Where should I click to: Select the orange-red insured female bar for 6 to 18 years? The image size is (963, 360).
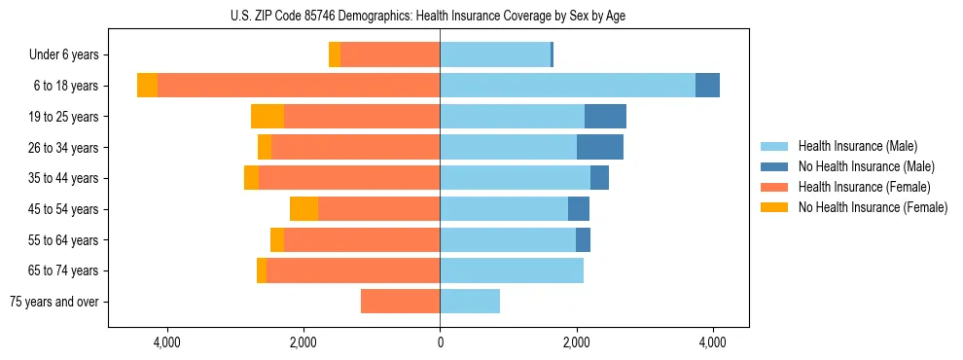(x=299, y=86)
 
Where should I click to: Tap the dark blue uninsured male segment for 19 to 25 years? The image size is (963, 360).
(x=605, y=117)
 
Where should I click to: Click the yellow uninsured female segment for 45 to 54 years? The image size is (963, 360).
(x=303, y=209)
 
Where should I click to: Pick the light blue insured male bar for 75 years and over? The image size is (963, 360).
(x=470, y=302)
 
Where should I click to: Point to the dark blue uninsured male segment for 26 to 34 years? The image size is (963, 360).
(x=599, y=148)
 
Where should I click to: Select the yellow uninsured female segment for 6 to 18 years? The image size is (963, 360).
(x=147, y=86)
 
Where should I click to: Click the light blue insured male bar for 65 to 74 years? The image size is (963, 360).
(x=512, y=270)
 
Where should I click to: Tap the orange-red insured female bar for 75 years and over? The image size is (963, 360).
(x=400, y=302)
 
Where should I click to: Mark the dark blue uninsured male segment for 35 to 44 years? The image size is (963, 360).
(x=599, y=178)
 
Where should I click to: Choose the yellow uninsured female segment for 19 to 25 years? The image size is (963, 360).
(x=267, y=117)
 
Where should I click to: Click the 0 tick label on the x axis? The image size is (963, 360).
(x=440, y=342)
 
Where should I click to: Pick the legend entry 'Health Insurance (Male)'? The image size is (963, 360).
(x=857, y=146)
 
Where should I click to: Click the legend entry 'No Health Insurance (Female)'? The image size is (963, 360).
(x=872, y=207)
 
